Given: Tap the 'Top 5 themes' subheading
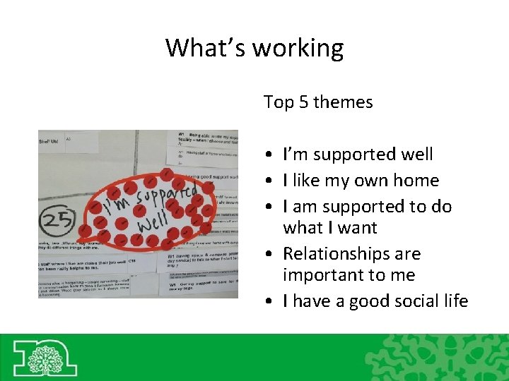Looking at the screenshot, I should (318, 102).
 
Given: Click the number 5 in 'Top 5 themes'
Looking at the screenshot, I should (302, 102).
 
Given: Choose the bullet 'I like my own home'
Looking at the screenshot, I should (361, 181).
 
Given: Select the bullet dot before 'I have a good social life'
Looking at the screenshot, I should (271, 302).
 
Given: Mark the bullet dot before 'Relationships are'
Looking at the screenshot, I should (271, 255).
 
